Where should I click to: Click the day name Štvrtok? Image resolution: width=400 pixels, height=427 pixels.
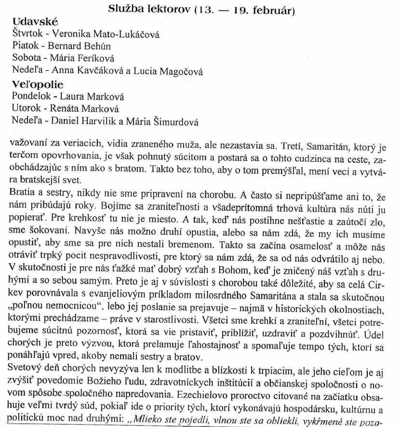(27, 35)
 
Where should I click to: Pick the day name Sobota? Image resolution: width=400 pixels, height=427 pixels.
(26, 59)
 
